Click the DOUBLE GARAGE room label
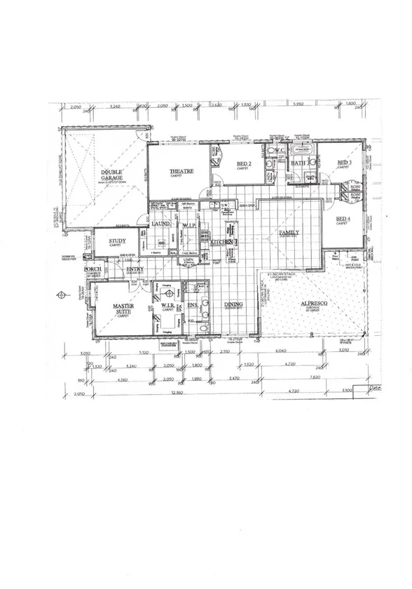tap(111, 175)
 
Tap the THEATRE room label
tap(180, 171)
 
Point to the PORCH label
tap(93, 269)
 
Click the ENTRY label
tap(135, 269)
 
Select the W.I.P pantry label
tap(189, 224)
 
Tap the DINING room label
tap(233, 304)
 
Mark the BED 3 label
tap(344, 163)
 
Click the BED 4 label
tap(343, 219)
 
